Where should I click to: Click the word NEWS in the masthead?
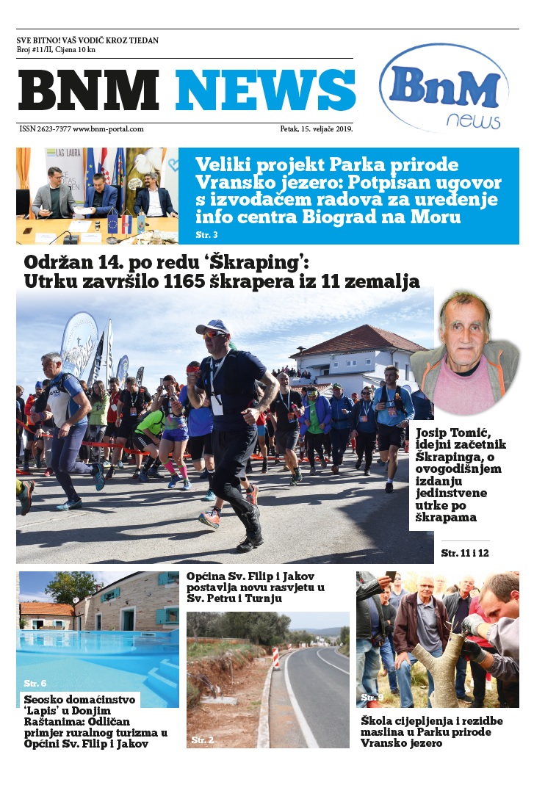coord(265,90)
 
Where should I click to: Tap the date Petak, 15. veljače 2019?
coord(316,129)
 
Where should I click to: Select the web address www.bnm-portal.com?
coord(108,129)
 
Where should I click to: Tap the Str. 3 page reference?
coord(207,235)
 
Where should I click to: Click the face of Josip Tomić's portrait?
coord(465,334)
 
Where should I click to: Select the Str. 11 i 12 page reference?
coord(464,552)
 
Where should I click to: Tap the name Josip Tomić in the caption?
coord(448,433)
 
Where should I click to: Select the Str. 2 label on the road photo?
coord(202,740)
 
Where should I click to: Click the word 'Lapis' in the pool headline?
coord(44,711)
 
